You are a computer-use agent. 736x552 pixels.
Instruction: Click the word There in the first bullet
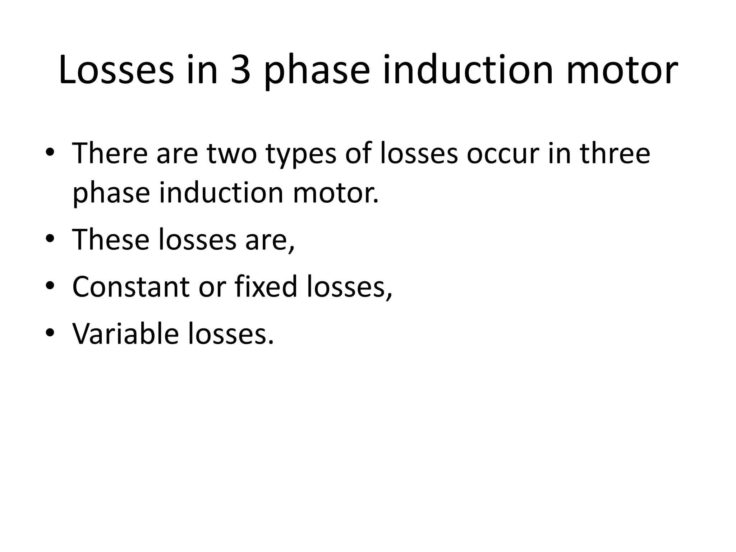pos(110,153)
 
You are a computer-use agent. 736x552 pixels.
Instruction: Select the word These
pos(111,239)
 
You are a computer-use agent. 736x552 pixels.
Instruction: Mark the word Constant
pos(131,286)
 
